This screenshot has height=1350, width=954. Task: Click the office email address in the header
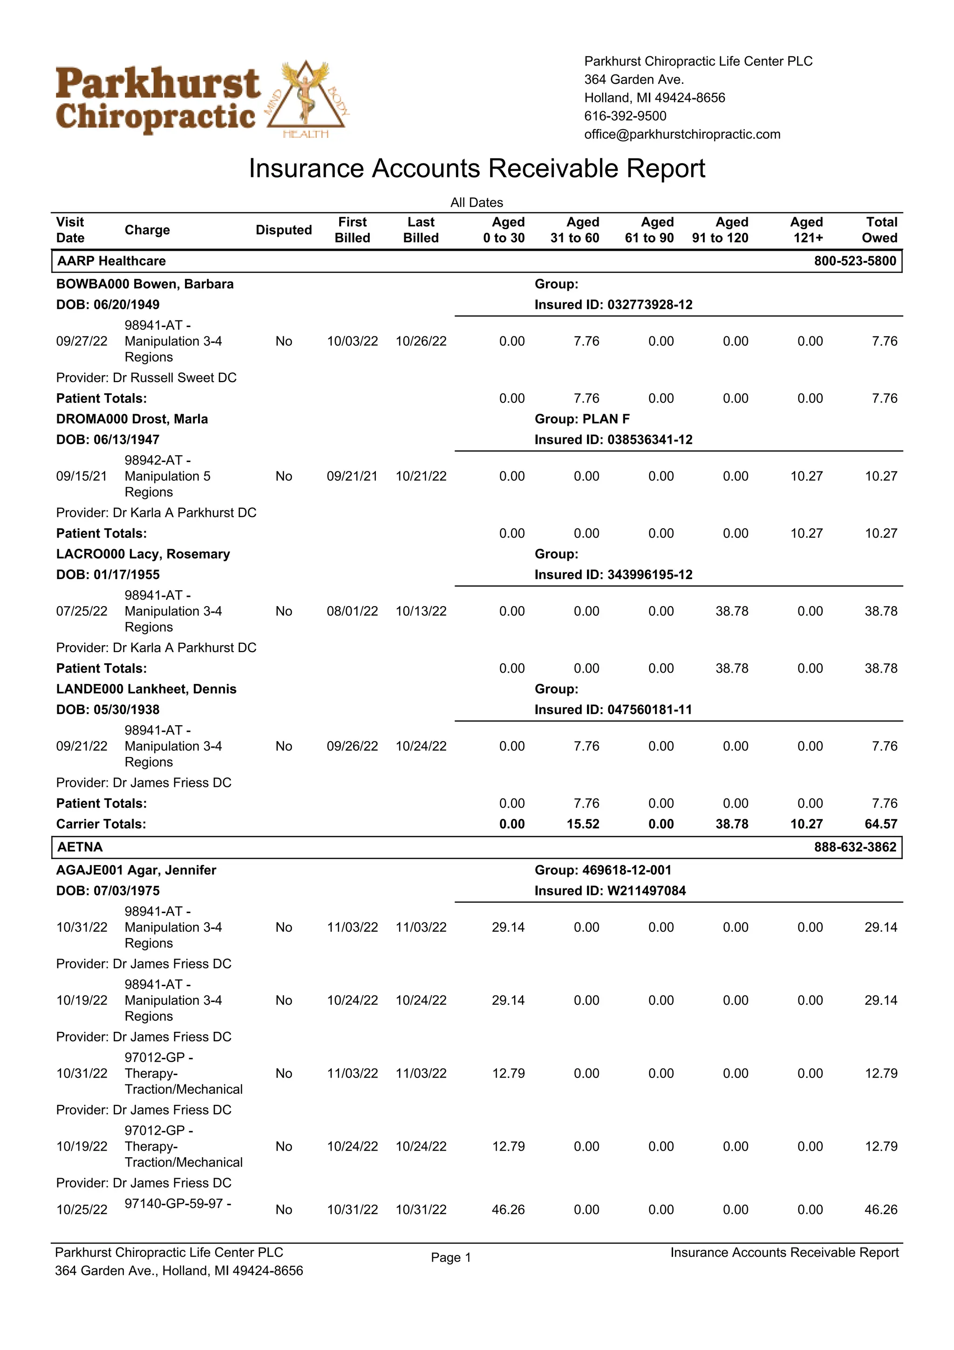click(682, 135)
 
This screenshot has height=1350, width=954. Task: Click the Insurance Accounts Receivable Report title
click(476, 169)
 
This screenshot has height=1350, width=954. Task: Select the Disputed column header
click(283, 231)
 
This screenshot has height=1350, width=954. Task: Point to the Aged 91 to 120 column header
click(720, 231)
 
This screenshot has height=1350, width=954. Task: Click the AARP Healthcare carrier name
click(112, 261)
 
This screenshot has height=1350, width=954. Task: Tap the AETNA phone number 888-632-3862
click(855, 847)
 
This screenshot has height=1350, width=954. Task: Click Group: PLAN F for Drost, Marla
click(581, 419)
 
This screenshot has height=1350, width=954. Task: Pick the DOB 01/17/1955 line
click(108, 574)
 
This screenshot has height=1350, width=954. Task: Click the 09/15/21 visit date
click(82, 476)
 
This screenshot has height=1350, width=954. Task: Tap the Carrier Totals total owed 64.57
click(880, 825)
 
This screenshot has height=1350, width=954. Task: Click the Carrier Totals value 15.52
click(583, 825)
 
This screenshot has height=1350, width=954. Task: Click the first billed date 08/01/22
click(352, 612)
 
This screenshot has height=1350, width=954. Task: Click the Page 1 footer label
click(451, 1258)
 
